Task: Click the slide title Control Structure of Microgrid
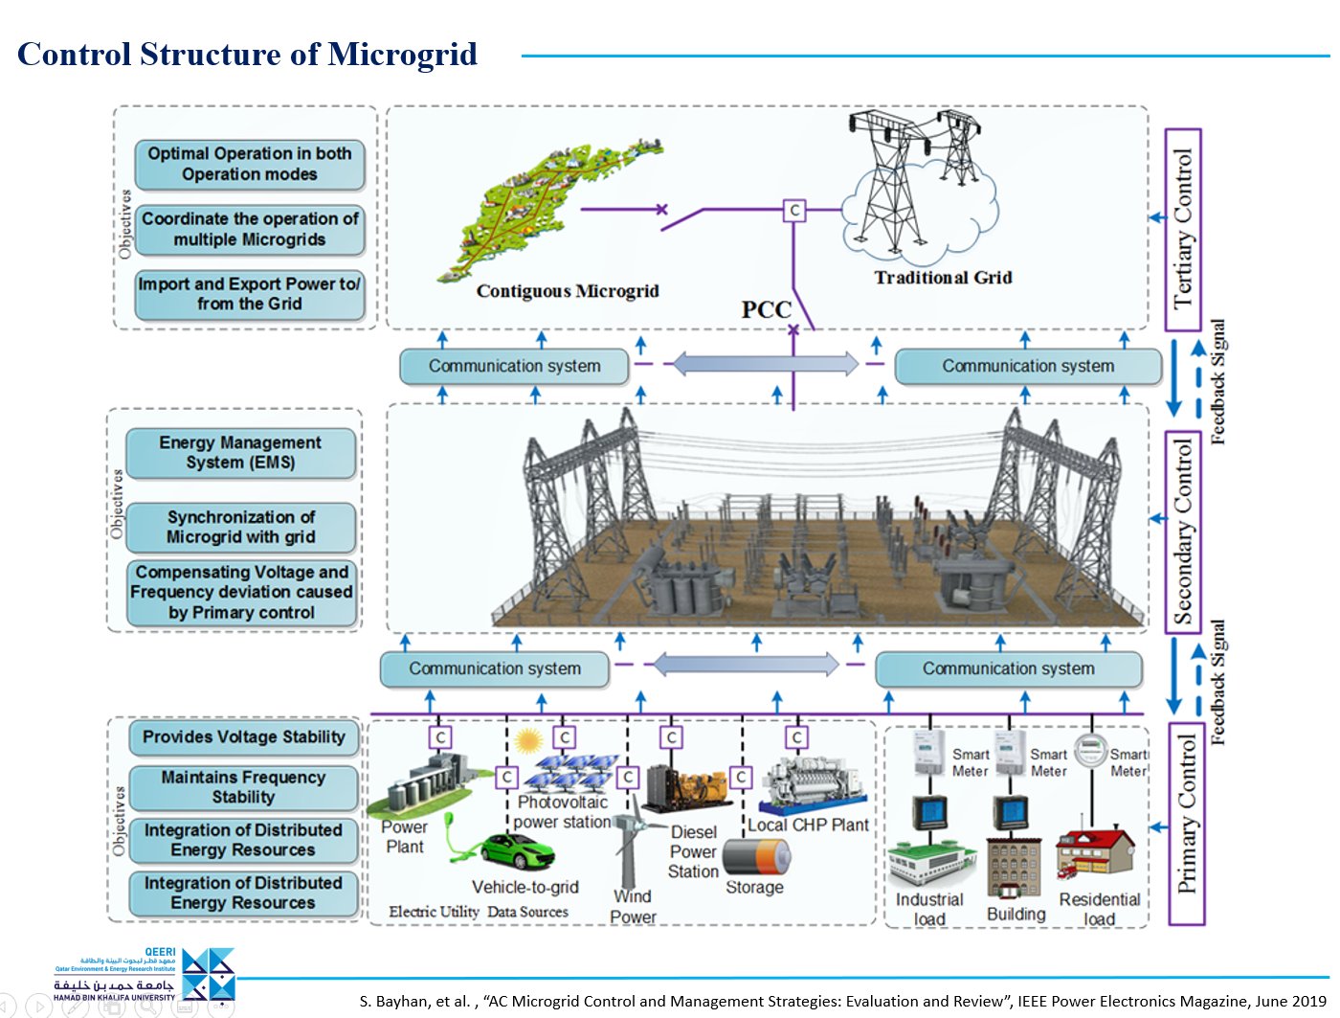point(247,55)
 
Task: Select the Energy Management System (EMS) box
point(241,453)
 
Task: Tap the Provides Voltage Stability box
point(244,737)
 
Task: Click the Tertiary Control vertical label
point(1184,230)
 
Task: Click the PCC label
point(766,310)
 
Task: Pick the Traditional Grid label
point(943,278)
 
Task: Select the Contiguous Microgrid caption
point(568,291)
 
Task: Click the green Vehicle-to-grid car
point(517,850)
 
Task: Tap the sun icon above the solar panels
point(527,740)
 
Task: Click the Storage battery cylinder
point(756,856)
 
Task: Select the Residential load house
point(1096,852)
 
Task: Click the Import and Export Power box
point(250,294)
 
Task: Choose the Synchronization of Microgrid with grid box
point(241,528)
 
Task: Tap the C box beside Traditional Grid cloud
point(793,210)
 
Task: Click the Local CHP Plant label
point(808,826)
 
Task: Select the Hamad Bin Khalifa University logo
point(144,975)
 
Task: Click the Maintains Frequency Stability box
point(244,787)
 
